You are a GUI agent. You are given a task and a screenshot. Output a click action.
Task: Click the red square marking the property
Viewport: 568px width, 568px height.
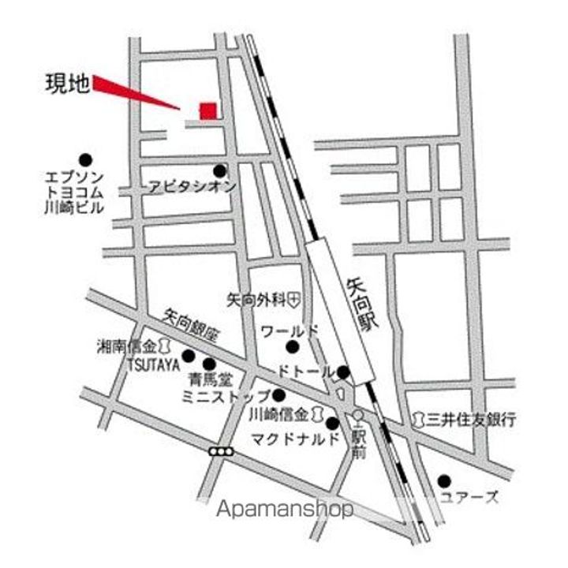[207, 111]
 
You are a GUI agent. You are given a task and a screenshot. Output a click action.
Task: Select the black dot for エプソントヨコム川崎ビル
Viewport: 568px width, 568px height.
[84, 159]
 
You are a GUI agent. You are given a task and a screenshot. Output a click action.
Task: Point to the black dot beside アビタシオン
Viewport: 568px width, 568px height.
[219, 170]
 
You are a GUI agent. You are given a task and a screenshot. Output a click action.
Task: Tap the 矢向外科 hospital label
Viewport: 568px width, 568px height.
[256, 300]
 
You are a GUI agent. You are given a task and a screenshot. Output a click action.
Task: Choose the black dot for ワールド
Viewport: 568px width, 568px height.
[293, 346]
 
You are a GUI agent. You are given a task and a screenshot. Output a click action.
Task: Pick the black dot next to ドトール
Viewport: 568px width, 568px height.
[344, 372]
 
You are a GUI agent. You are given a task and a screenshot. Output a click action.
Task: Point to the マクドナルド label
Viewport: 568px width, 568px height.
[296, 439]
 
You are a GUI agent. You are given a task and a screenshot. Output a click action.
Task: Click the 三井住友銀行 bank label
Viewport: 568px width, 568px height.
[473, 419]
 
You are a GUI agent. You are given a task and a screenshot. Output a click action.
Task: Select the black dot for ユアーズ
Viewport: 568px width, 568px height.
[444, 480]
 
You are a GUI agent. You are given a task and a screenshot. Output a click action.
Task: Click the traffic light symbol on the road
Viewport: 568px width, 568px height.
[222, 452]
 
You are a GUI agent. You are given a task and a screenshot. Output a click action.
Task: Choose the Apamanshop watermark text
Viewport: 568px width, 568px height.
[285, 509]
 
